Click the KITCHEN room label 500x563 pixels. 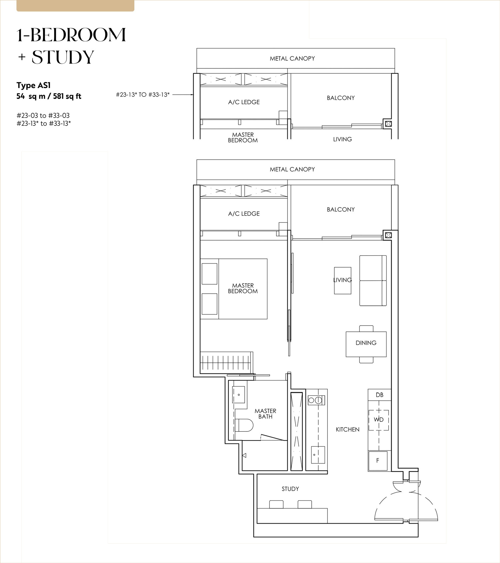pyautogui.click(x=348, y=430)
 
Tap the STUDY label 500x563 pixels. pyautogui.click(x=290, y=489)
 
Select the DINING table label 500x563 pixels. pyautogui.click(x=366, y=343)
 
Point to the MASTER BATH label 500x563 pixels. pyautogui.click(x=265, y=414)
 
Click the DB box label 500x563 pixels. pyautogui.click(x=380, y=395)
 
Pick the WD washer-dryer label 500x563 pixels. pyautogui.click(x=379, y=419)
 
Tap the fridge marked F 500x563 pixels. pyautogui.click(x=378, y=461)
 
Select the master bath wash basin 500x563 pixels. pyautogui.click(x=239, y=395)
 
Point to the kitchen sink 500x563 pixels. pyautogui.click(x=318, y=455)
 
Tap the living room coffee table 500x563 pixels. pyautogui.click(x=343, y=280)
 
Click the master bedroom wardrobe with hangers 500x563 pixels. pyautogui.click(x=226, y=362)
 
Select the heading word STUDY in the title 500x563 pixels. pyautogui.click(x=63, y=57)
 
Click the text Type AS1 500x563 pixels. pyautogui.click(x=34, y=85)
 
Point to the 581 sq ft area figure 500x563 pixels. pyautogui.click(x=67, y=96)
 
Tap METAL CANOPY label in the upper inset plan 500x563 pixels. pyautogui.click(x=292, y=58)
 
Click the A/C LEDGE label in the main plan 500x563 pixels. pyautogui.click(x=244, y=214)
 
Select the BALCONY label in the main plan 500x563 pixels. pyautogui.click(x=341, y=210)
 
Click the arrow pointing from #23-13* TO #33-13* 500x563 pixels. pyautogui.click(x=183, y=95)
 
